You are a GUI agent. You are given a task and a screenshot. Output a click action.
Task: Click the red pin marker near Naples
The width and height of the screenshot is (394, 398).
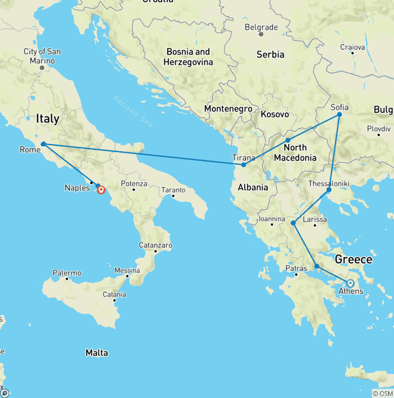(x=101, y=190)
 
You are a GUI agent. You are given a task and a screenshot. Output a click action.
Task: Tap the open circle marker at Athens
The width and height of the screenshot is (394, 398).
(x=350, y=283)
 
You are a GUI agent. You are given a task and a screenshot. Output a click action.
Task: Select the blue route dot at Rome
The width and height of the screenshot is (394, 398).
(x=44, y=144)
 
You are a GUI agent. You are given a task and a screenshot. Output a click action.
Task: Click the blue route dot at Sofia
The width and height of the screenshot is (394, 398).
(x=339, y=115)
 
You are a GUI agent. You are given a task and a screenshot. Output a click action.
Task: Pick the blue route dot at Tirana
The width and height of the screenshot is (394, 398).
(x=244, y=165)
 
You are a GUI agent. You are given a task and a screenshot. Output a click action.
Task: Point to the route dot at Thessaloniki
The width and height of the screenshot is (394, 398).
(x=329, y=190)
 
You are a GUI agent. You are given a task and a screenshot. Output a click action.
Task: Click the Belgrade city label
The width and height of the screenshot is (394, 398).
(x=261, y=27)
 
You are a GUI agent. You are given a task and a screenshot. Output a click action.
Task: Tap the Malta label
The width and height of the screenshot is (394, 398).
(x=97, y=352)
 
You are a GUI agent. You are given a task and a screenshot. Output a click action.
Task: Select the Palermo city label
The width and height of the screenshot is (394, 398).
(x=67, y=273)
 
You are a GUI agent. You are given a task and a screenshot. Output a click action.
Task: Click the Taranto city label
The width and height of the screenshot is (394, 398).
(x=173, y=190)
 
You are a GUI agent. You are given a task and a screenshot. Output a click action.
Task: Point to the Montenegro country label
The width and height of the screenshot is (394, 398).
(x=228, y=109)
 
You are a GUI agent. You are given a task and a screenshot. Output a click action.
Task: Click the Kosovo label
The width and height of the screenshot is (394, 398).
(x=274, y=114)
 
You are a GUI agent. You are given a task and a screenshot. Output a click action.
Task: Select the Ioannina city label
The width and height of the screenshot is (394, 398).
(x=272, y=219)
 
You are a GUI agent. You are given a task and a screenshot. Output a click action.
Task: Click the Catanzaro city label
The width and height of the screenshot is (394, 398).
(x=155, y=246)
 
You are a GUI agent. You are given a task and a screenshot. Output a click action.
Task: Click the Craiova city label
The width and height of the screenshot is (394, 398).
(x=352, y=47)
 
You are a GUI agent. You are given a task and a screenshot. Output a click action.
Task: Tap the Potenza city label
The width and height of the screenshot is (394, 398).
(x=134, y=184)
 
